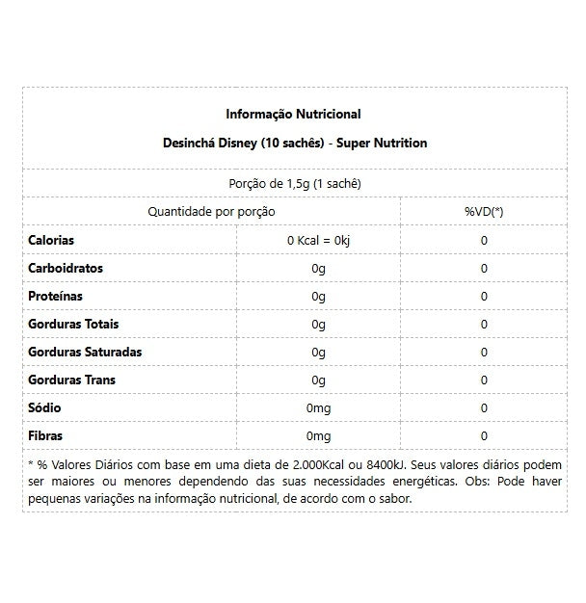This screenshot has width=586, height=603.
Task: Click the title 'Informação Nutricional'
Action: click(x=293, y=115)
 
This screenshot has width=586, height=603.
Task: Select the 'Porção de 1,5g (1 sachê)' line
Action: click(x=293, y=183)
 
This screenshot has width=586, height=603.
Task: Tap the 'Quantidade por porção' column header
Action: click(x=211, y=211)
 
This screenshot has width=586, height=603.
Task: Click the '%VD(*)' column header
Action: click(x=484, y=211)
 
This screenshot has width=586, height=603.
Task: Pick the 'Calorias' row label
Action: click(x=51, y=240)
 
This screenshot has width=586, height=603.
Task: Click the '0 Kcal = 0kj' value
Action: click(x=319, y=240)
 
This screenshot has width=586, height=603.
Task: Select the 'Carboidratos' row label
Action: click(x=66, y=268)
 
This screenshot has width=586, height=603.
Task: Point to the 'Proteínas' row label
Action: click(x=56, y=296)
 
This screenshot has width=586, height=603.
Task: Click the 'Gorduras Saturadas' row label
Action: click(x=85, y=352)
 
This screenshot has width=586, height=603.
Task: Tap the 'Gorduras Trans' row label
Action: click(x=72, y=380)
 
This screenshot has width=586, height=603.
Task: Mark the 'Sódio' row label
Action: click(x=45, y=408)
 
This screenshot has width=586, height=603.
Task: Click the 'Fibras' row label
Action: click(x=46, y=436)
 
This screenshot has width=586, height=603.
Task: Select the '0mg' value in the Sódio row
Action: click(x=319, y=408)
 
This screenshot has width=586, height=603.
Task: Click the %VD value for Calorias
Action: click(x=484, y=240)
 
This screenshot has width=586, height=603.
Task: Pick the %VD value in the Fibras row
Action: click(x=484, y=436)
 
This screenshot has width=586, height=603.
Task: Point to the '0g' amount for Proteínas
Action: click(x=319, y=296)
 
